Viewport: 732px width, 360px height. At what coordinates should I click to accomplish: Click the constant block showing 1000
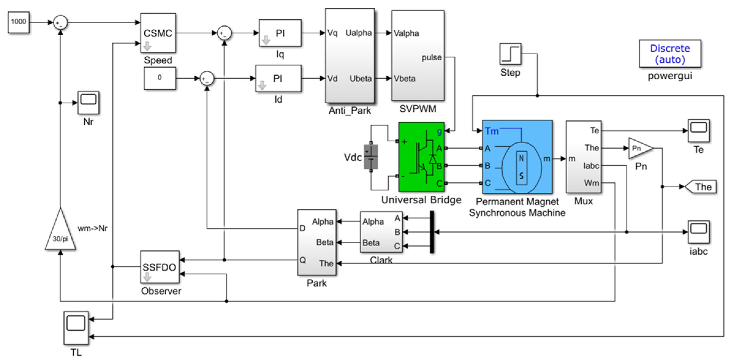tap(19, 22)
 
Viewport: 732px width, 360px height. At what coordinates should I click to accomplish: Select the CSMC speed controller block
tap(158, 33)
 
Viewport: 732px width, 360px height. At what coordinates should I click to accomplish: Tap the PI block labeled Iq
tap(280, 33)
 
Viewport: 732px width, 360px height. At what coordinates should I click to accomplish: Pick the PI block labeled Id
tap(278, 78)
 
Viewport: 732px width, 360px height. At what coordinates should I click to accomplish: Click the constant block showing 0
tap(160, 78)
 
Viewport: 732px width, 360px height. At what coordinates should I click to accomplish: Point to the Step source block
tap(510, 54)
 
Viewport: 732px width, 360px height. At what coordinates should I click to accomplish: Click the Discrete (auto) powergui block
tap(670, 54)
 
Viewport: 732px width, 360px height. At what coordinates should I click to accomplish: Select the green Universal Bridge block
tap(421, 157)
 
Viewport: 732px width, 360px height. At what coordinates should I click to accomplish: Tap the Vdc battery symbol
tap(371, 157)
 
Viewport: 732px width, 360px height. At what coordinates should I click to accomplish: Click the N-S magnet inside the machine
tap(522, 168)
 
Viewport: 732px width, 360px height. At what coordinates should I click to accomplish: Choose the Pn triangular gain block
tap(640, 148)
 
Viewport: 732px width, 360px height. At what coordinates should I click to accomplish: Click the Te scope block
tap(699, 131)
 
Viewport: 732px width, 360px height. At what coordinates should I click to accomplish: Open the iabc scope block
tap(699, 232)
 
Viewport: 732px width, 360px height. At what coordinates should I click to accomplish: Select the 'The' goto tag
tap(702, 187)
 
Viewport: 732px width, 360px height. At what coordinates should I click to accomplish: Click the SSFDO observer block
tap(160, 267)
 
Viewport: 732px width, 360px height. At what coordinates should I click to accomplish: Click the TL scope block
tap(76, 328)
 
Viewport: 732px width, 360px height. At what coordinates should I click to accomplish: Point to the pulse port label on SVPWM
tap(432, 57)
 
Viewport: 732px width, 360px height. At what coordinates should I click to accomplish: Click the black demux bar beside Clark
tap(432, 232)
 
